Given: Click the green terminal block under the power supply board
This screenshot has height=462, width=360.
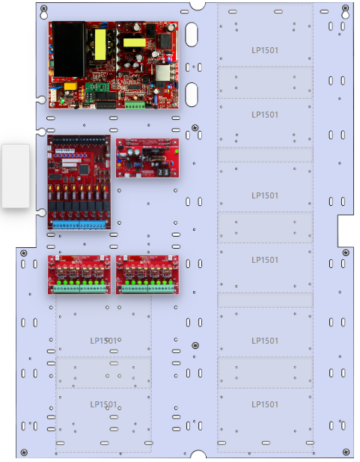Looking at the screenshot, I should pyautogui.click(x=135, y=104).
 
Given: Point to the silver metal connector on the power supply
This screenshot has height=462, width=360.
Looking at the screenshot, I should pyautogui.click(x=163, y=73).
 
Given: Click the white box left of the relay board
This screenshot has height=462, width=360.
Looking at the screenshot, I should pyautogui.click(x=16, y=176).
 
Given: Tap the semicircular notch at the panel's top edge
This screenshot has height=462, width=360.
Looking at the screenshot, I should pyautogui.click(x=198, y=4).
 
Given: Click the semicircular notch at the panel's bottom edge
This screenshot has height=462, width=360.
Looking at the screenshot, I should pyautogui.click(x=198, y=455).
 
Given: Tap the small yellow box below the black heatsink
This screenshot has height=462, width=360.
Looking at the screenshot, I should pyautogui.click(x=69, y=86).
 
